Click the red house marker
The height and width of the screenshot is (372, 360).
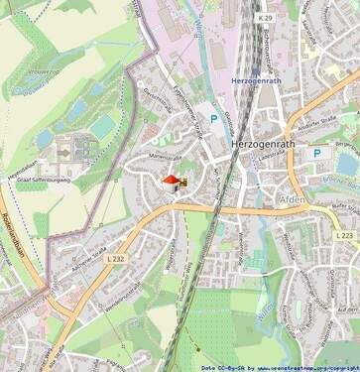[x=172, y=182]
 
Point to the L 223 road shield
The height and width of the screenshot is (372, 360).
[x=343, y=235]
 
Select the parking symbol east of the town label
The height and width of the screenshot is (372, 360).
[x=316, y=154]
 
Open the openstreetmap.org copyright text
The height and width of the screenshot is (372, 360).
[x=295, y=366]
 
